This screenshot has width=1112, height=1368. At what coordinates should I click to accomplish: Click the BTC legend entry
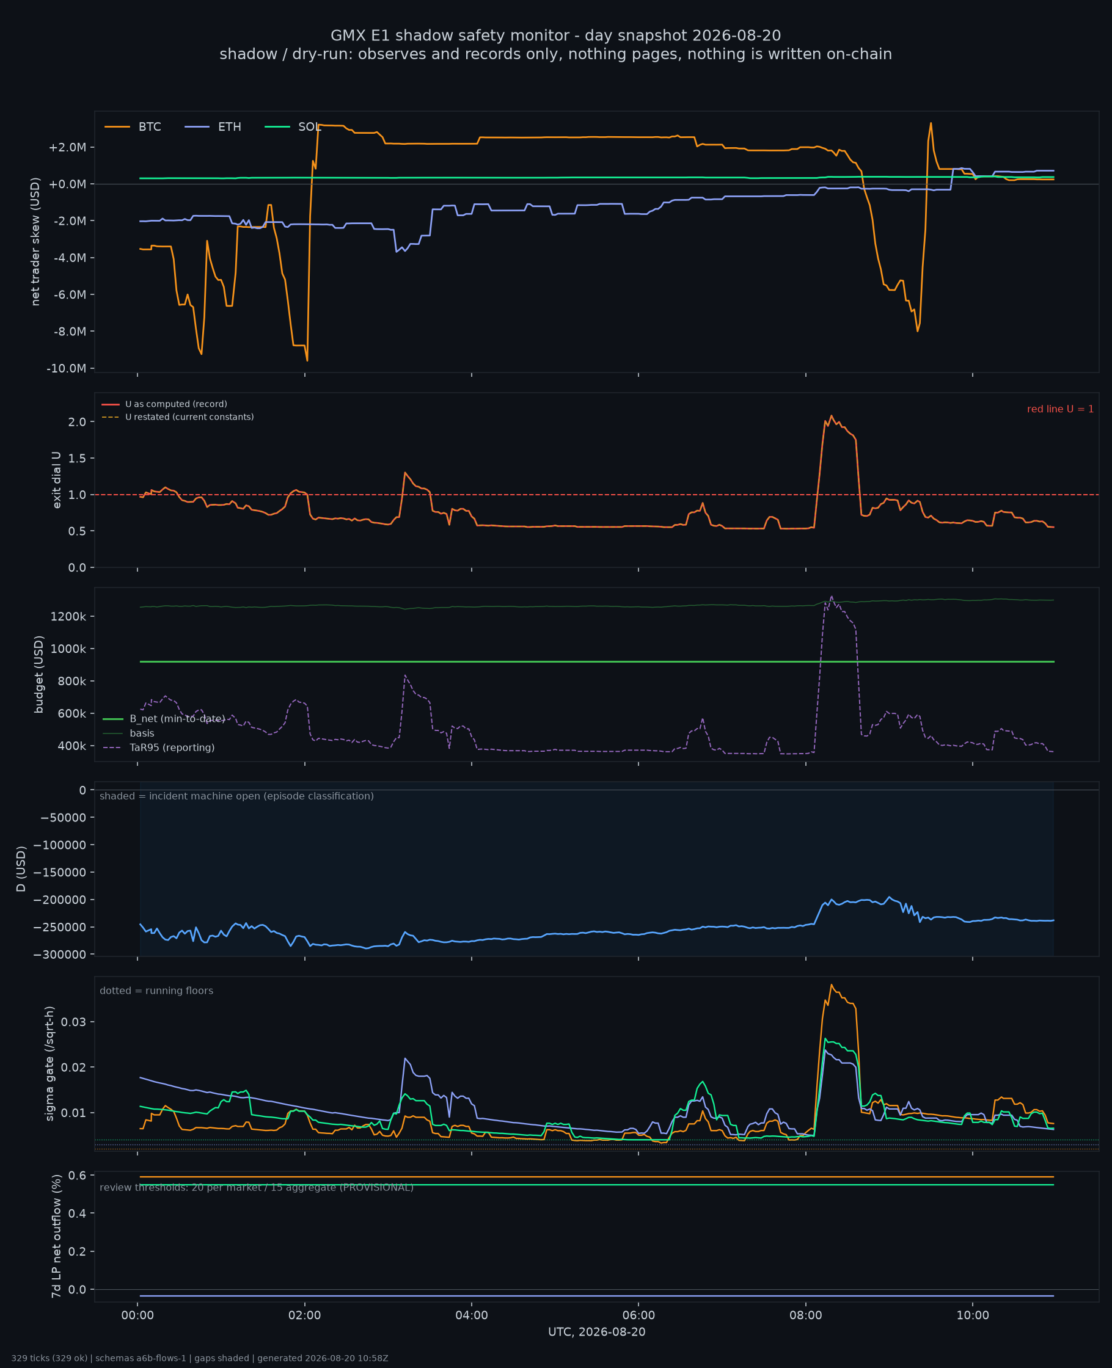pos(133,127)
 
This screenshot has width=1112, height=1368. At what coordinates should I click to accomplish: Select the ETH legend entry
pos(213,127)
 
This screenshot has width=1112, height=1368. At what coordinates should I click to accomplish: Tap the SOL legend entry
pos(293,127)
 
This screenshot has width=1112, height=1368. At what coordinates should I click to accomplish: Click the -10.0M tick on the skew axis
pos(66,368)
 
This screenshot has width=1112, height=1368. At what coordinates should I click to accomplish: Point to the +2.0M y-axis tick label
pos(67,147)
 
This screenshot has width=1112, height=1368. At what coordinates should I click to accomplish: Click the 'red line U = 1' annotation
pos(1060,409)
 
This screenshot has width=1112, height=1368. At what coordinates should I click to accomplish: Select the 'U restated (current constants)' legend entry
pos(177,417)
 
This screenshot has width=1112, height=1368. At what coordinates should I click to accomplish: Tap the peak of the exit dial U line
pos(832,415)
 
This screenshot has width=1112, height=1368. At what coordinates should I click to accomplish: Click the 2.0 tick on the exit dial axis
pos(78,422)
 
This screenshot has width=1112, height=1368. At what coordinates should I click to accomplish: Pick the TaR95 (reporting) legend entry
pos(158,748)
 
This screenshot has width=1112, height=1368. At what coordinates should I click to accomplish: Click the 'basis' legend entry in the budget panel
pos(128,733)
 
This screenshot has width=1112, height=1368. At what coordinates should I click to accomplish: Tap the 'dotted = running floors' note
pos(156,991)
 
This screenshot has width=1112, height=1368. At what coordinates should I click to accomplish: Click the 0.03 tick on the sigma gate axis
pos(74,1022)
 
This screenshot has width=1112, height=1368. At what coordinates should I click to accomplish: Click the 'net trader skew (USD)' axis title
pos(35,241)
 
